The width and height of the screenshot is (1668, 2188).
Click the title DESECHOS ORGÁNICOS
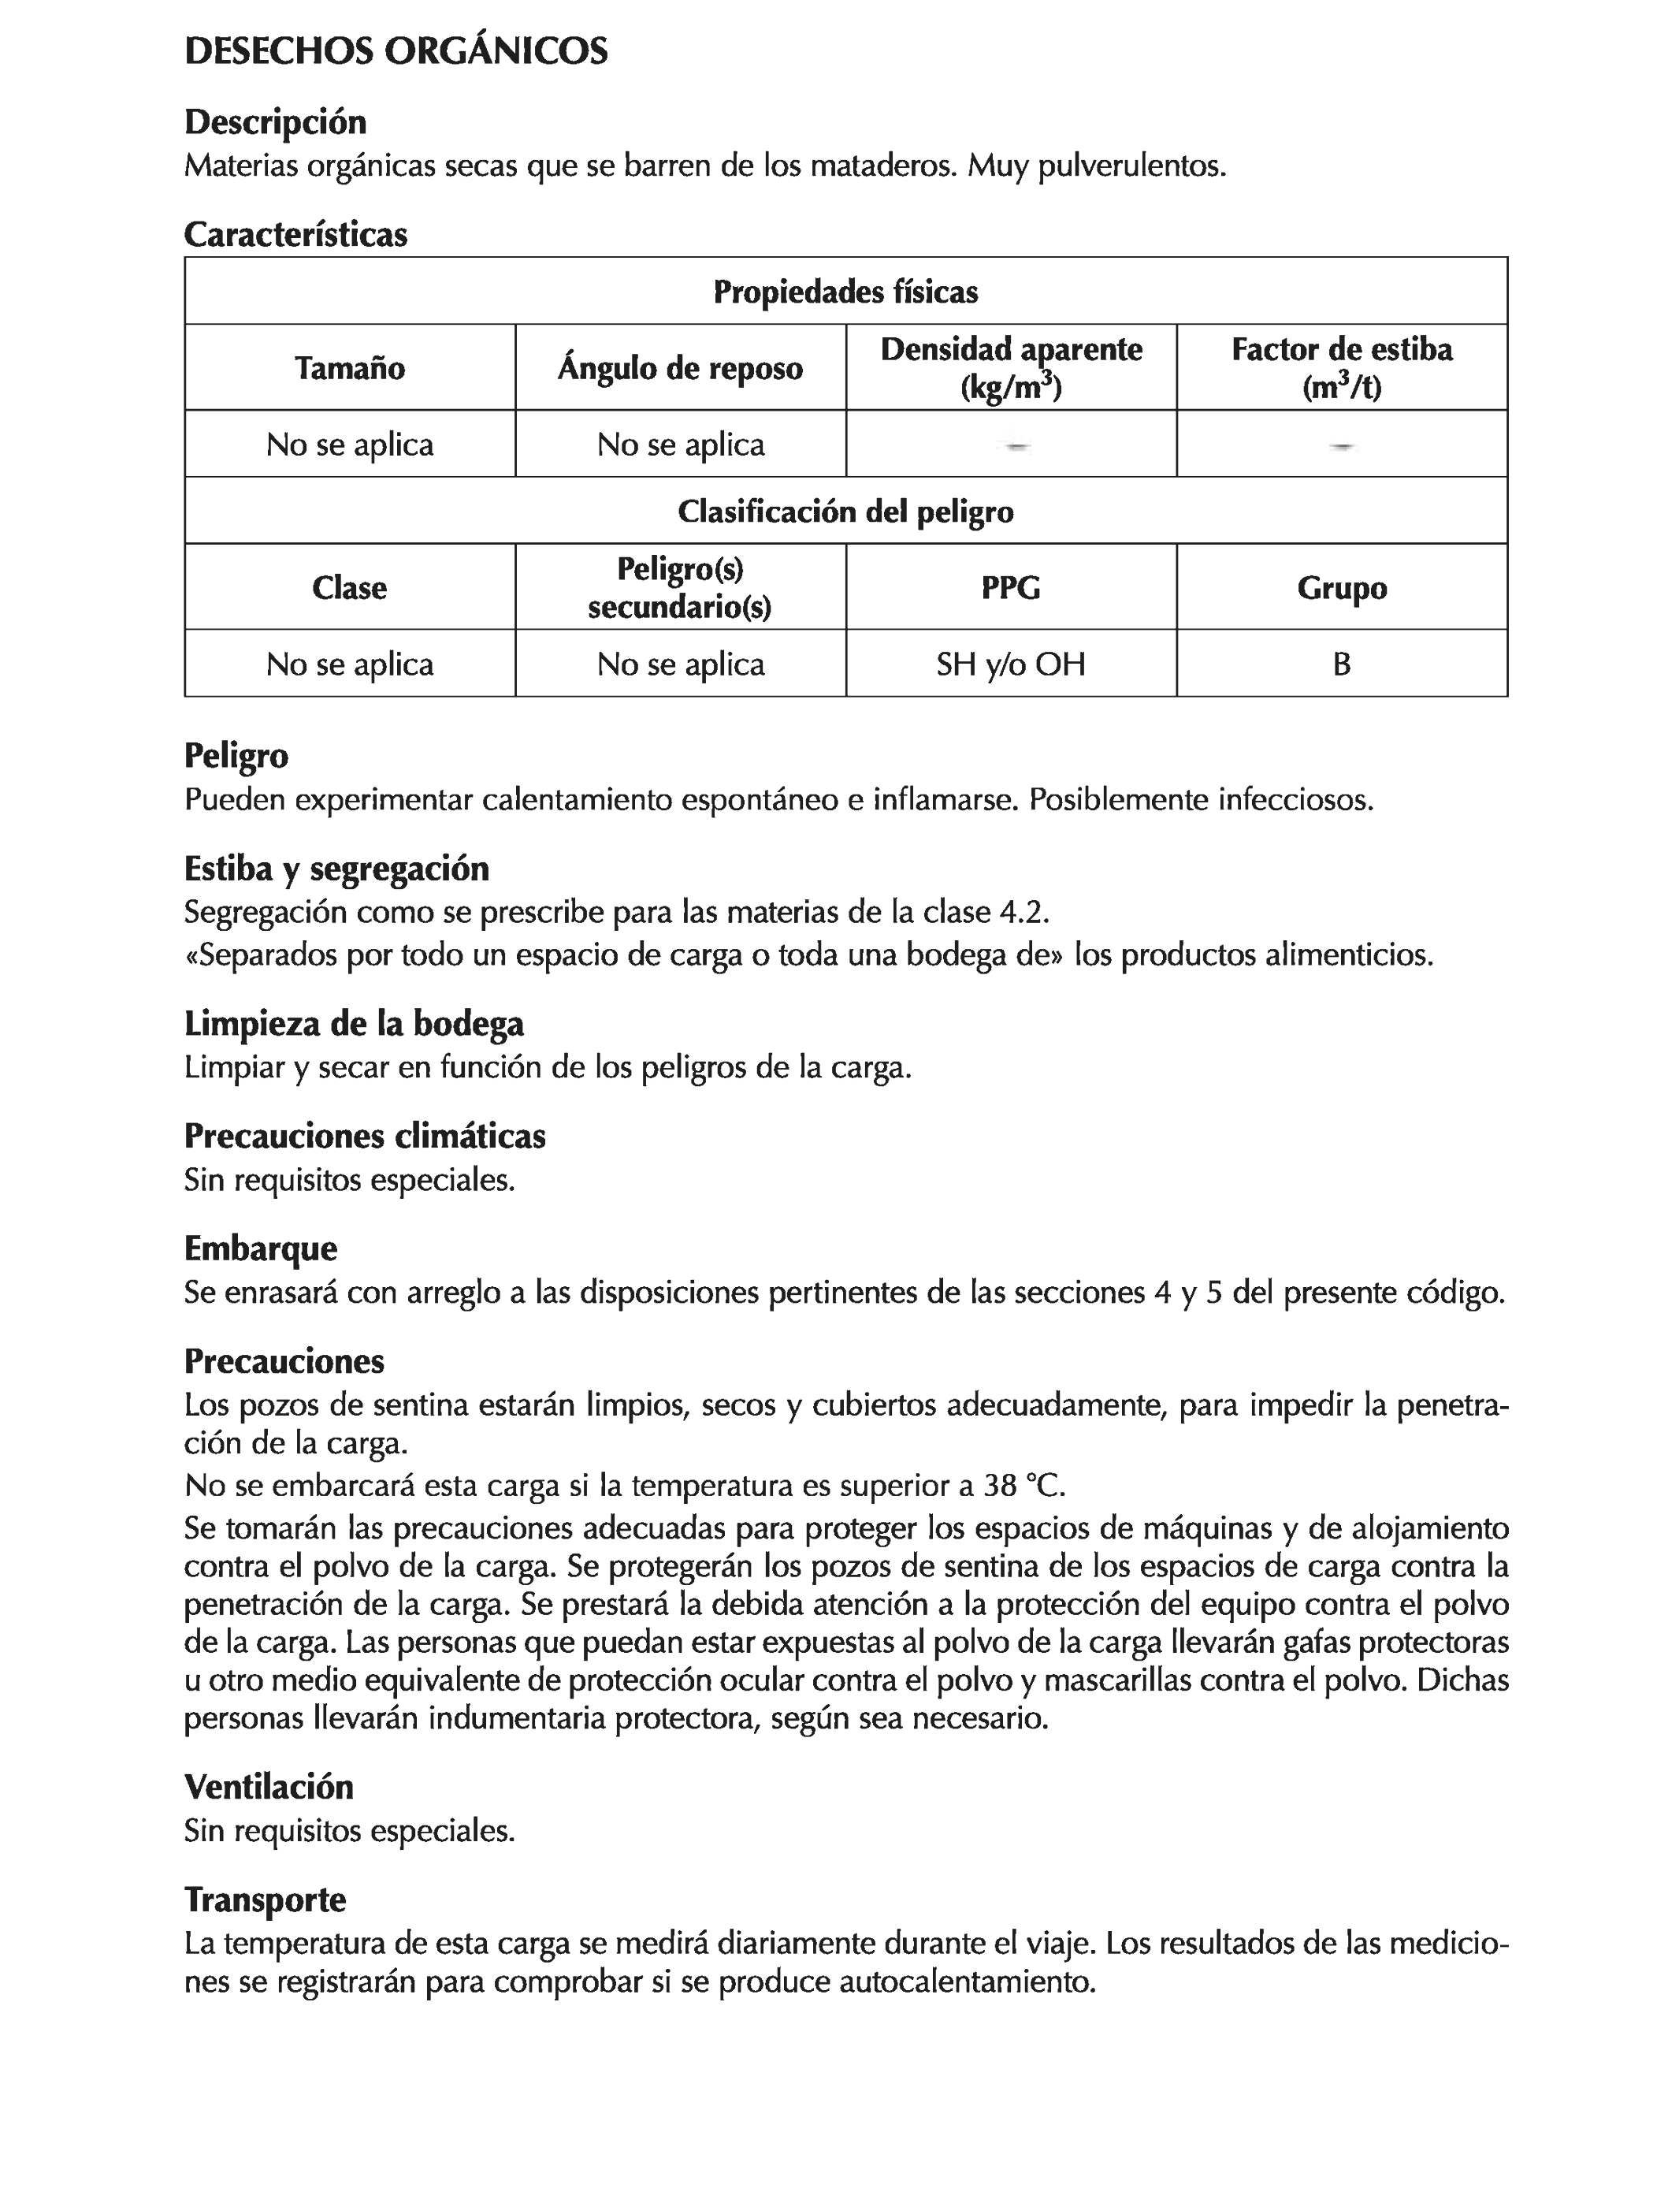click(396, 52)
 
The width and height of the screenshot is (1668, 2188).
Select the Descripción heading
click(275, 122)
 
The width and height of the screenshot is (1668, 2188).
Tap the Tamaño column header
click(350, 368)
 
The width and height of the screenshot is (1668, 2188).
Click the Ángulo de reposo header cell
click(680, 368)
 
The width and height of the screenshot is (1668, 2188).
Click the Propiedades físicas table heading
click(846, 292)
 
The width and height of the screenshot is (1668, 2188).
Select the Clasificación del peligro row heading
click(846, 512)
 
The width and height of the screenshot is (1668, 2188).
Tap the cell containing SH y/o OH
click(1011, 664)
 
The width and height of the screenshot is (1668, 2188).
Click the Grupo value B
click(1341, 664)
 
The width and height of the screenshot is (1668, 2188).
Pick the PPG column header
click(1011, 588)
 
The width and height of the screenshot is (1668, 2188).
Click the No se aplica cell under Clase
click(350, 664)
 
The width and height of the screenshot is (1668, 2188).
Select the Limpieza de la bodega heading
click(354, 1023)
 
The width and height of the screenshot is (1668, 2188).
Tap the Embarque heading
click(260, 1248)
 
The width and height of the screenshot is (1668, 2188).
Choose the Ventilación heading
click(268, 1787)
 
